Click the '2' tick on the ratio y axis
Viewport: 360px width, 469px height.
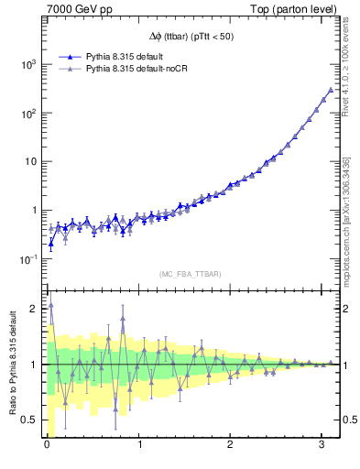click(35, 309)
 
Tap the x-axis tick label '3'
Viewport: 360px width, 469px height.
click(322, 446)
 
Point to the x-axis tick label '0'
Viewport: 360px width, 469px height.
click(47, 446)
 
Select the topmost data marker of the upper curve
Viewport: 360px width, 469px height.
click(331, 90)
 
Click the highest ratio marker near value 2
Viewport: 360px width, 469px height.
click(50, 305)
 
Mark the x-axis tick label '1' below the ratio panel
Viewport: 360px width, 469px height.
click(139, 446)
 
